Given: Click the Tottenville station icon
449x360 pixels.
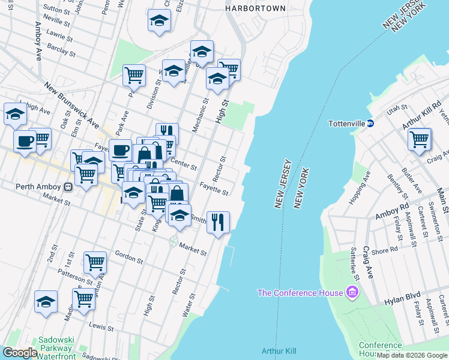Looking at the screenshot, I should (x=370, y=124).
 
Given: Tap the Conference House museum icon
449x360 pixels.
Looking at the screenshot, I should (x=352, y=293).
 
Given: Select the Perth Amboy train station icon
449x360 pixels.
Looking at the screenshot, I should (x=68, y=187).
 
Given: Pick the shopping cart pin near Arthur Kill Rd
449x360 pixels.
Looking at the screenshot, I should (x=420, y=140).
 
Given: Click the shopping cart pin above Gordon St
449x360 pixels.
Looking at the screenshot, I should (x=95, y=262).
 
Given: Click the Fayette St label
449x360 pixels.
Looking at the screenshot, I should (x=214, y=188).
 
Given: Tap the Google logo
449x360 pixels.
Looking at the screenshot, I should (x=20, y=353).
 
